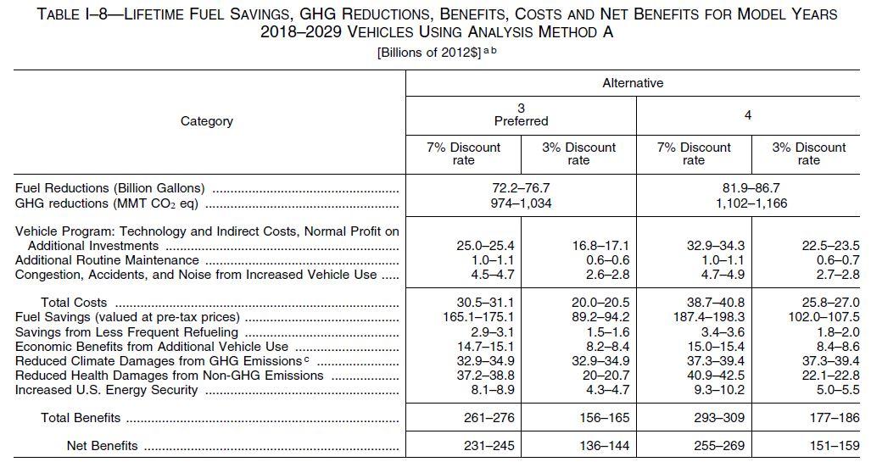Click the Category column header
click(x=207, y=121)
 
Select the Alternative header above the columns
click(x=633, y=83)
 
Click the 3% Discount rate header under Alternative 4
click(x=808, y=153)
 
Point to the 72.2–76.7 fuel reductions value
click(x=521, y=187)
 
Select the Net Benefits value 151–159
click(x=808, y=446)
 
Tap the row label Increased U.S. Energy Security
click(x=107, y=390)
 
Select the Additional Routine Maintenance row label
click(x=107, y=260)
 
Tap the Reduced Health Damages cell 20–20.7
click(x=578, y=376)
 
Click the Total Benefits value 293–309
click(x=694, y=418)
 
